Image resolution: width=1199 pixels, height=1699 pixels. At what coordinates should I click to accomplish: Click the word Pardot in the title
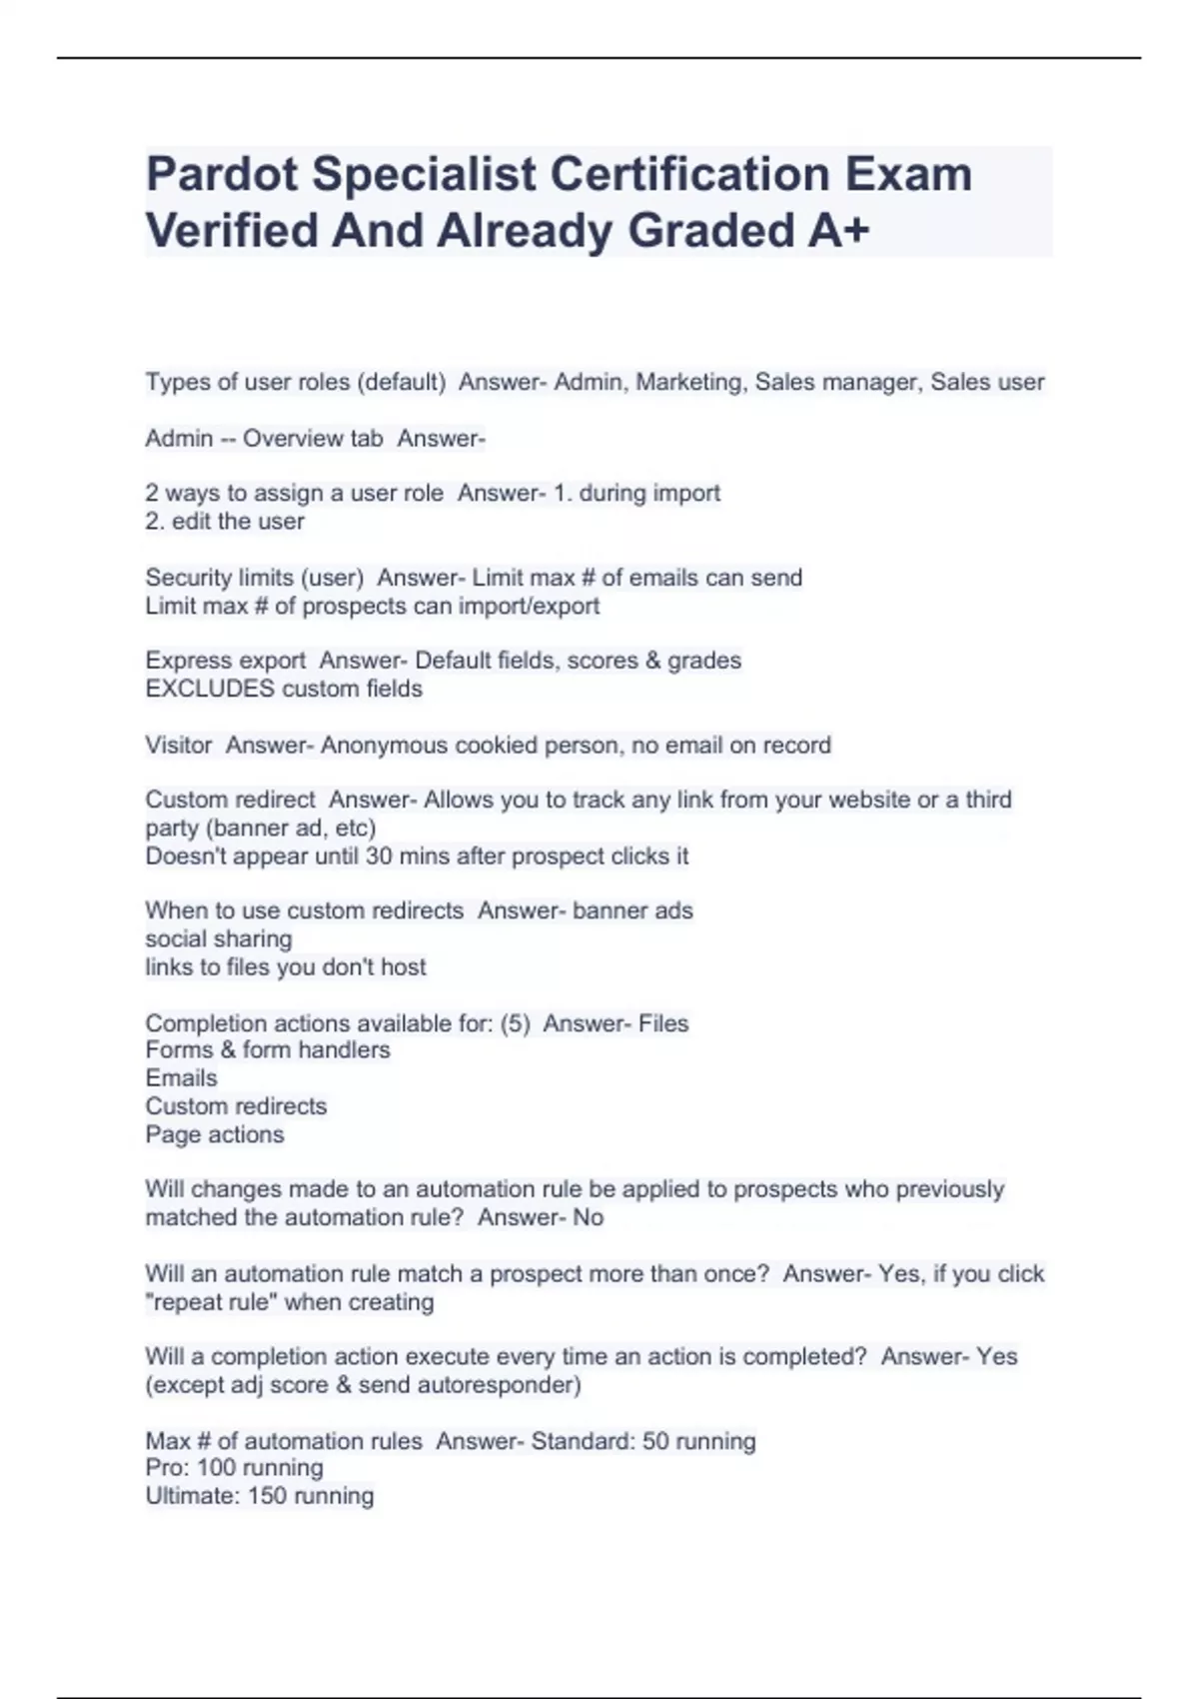point(222,175)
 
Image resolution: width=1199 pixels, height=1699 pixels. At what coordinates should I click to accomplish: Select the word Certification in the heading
point(690,175)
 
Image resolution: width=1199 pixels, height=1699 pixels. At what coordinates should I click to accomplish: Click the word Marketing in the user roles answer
point(689,382)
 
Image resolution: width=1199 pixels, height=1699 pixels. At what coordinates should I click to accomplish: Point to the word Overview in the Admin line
point(290,438)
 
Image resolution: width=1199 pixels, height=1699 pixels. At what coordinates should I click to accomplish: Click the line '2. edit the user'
point(225,521)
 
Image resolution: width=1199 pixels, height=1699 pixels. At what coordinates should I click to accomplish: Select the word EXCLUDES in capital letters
point(210,689)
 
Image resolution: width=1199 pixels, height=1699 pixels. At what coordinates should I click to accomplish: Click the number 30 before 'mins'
point(379,856)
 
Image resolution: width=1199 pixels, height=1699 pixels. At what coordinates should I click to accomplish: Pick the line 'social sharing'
point(219,938)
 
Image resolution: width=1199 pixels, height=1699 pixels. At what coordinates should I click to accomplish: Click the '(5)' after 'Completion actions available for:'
point(515,1023)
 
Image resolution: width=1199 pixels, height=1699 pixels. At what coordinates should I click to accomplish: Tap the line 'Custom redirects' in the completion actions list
point(236,1106)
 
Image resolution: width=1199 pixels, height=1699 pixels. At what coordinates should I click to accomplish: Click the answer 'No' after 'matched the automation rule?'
point(589,1217)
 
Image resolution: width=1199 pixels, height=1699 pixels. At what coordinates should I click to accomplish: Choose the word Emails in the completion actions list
point(181,1078)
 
